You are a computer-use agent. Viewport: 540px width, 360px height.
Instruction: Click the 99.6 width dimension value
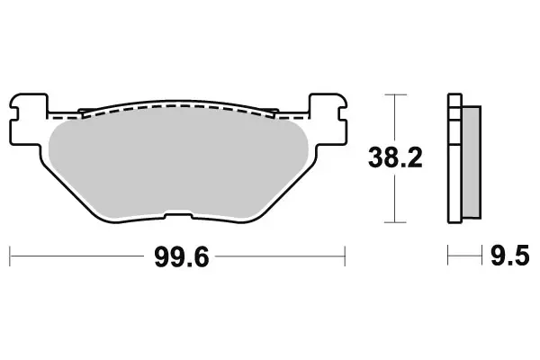pos(179,260)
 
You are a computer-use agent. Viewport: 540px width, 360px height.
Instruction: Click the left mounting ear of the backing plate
pos(30,107)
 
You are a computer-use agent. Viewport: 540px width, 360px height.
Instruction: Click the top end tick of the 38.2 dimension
pos(394,93)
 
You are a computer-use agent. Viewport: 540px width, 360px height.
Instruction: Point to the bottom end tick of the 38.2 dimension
pos(394,222)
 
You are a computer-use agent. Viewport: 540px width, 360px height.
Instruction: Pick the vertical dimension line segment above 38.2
pos(394,117)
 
